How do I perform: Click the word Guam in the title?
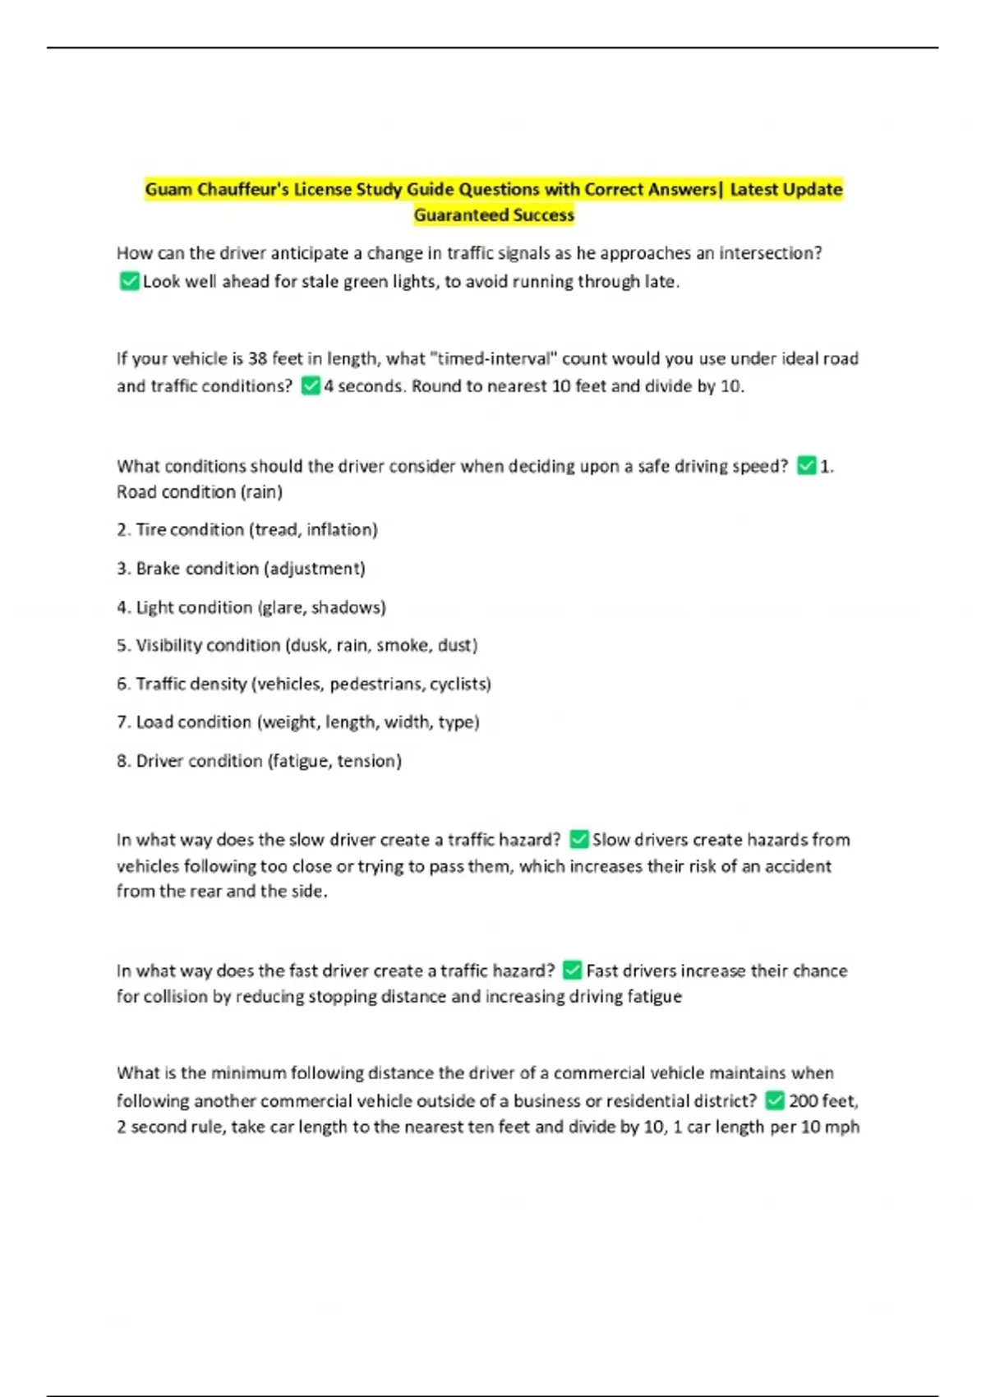[168, 190]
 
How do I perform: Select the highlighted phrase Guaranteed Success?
[494, 215]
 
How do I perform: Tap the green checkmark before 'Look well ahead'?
[129, 282]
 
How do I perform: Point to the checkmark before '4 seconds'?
[311, 386]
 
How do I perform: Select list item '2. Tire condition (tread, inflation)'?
[246, 530]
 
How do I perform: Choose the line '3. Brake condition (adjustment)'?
[241, 569]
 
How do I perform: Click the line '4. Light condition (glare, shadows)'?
[251, 607]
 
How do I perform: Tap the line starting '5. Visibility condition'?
[297, 646]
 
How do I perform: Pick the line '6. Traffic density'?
[303, 684]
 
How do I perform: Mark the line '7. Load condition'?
[297, 722]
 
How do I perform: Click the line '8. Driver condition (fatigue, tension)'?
[259, 761]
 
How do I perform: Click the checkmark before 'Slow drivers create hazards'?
[578, 840]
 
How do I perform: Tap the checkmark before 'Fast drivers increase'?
[573, 971]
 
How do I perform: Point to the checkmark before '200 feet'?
[774, 1100]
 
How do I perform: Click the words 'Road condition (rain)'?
[199, 492]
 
